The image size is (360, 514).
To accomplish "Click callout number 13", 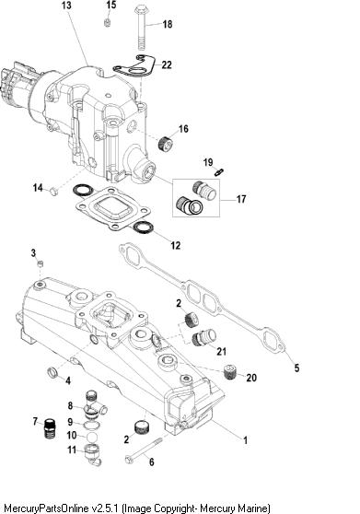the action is pyautogui.click(x=66, y=6).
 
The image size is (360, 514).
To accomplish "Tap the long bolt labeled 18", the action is pyautogui.click(x=141, y=28).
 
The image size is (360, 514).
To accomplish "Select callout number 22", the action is pyautogui.click(x=167, y=64).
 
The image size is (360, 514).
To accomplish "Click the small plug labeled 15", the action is pyautogui.click(x=107, y=23).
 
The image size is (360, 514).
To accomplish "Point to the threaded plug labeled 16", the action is pyautogui.click(x=166, y=144).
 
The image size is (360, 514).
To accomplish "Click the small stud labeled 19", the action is pyautogui.click(x=219, y=171).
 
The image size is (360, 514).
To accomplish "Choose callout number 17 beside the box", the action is pyautogui.click(x=241, y=199).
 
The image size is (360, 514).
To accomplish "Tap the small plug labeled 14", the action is pyautogui.click(x=53, y=191).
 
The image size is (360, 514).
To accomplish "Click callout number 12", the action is pyautogui.click(x=176, y=245).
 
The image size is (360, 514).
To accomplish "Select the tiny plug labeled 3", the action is pyautogui.click(x=41, y=263).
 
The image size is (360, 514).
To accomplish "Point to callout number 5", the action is pyautogui.click(x=296, y=368).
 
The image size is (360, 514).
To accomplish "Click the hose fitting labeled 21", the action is pyautogui.click(x=203, y=338).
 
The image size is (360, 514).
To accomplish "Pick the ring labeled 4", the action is pyautogui.click(x=52, y=372).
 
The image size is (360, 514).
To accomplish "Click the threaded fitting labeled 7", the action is pyautogui.click(x=49, y=428).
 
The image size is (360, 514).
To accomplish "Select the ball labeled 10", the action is pyautogui.click(x=91, y=437).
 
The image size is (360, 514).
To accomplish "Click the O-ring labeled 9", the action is pyautogui.click(x=89, y=426).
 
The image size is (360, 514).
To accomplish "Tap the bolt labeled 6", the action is pyautogui.click(x=144, y=450).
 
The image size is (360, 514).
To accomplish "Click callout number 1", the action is pyautogui.click(x=245, y=440).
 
